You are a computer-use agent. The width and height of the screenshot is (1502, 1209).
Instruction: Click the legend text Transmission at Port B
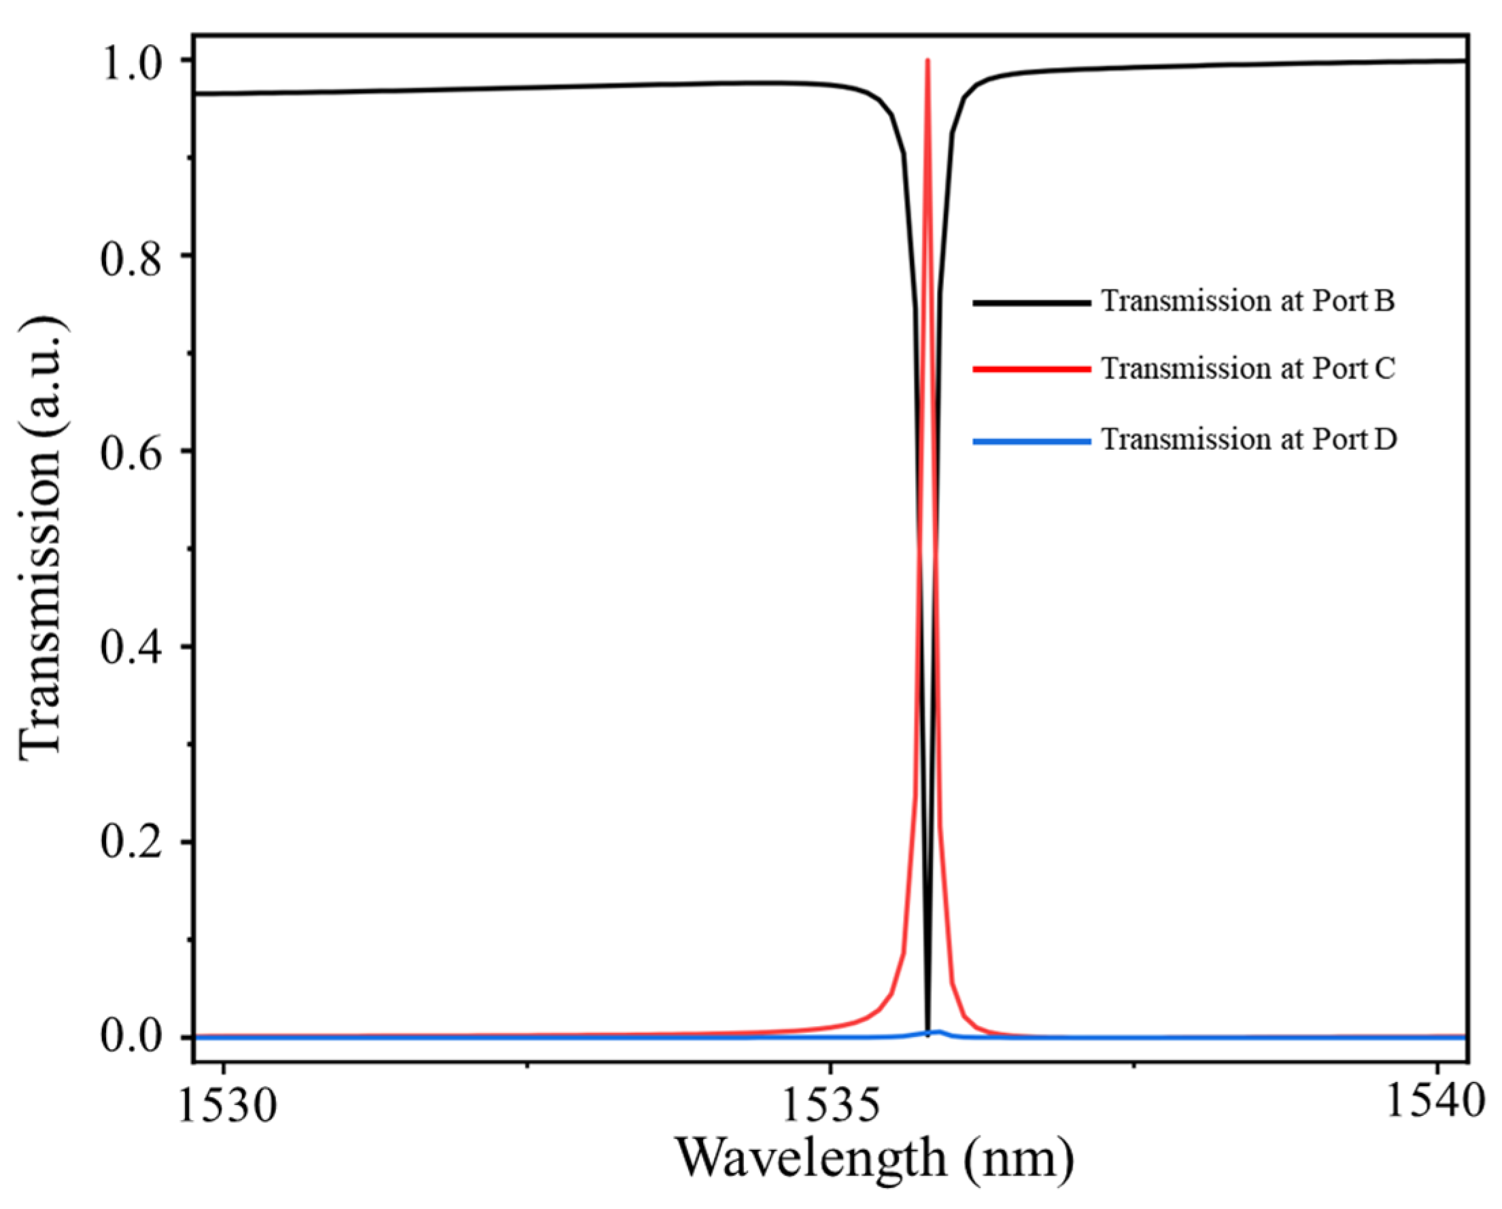tap(1248, 301)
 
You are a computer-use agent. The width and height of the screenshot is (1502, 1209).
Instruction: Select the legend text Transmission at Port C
tap(1248, 368)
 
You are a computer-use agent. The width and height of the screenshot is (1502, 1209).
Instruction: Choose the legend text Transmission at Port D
tap(1248, 440)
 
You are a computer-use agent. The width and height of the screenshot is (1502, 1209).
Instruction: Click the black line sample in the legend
tap(1031, 303)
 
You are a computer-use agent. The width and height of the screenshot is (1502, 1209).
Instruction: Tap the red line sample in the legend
tap(1031, 370)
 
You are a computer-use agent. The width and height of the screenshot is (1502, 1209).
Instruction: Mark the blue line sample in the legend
tap(1031, 442)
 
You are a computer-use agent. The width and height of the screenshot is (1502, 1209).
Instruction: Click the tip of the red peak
tap(928, 60)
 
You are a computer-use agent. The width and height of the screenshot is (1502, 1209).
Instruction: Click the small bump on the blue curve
tap(938, 1032)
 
